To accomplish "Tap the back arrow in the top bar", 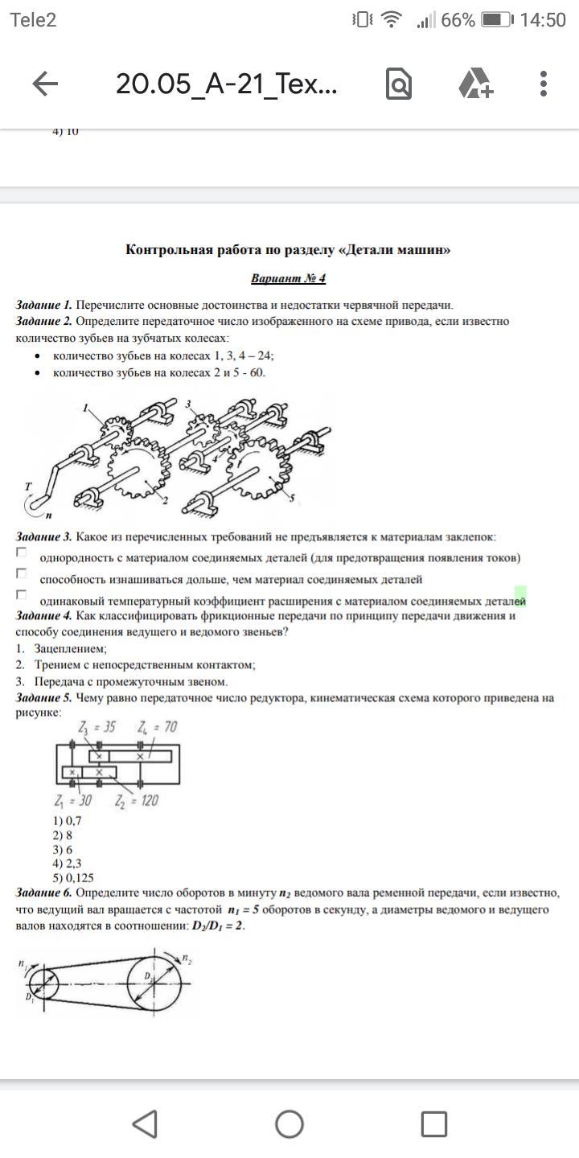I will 45,84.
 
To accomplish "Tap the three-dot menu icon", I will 544,84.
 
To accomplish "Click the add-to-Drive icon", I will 474,84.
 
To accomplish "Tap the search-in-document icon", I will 399,84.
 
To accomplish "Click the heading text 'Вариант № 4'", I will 288,279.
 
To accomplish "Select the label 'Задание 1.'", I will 44,305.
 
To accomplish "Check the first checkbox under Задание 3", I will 22,552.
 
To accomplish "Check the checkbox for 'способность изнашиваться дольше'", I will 22,573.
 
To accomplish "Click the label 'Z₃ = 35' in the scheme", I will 96,727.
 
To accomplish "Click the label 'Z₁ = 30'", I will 73,800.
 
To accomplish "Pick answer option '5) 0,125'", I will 72,878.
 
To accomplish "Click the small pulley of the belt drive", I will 42,983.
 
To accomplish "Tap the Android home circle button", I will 289,1123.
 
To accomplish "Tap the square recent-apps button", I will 434,1123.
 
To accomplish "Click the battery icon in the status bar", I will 497,20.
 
